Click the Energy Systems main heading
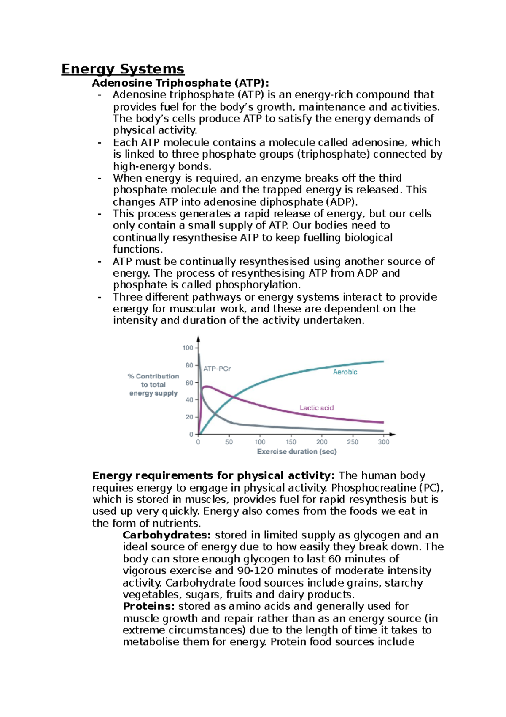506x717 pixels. point(123,69)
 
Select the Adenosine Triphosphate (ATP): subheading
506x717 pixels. point(180,83)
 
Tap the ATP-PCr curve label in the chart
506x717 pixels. point(217,369)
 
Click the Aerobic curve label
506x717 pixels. point(345,372)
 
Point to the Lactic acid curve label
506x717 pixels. point(316,408)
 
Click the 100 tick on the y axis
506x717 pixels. point(187,348)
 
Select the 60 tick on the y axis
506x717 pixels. point(189,383)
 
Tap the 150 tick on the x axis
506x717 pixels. point(291,442)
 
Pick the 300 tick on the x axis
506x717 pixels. point(383,442)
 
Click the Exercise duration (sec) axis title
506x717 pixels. point(297,452)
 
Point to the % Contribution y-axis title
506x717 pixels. point(153,376)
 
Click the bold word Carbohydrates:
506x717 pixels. point(167,535)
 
